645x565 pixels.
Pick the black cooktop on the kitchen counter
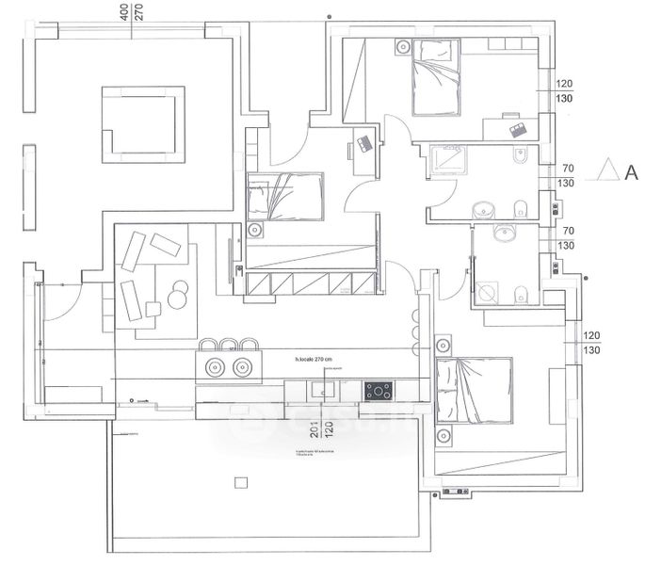(379, 390)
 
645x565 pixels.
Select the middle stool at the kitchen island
(228, 344)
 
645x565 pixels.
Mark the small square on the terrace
(240, 482)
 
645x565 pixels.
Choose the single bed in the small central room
(285, 196)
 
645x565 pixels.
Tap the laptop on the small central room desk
(363, 145)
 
